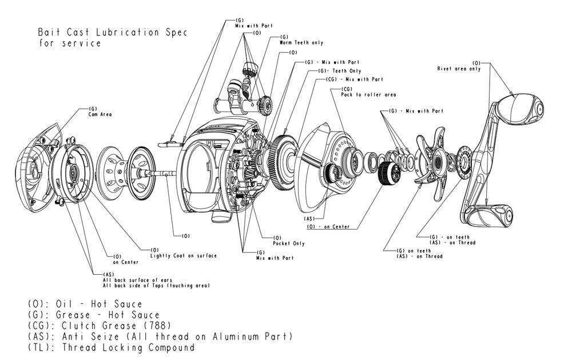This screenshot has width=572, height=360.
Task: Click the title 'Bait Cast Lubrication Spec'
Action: (x=112, y=32)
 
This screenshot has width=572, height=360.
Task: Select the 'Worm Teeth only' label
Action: (x=301, y=43)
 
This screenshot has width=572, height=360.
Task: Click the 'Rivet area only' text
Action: (x=459, y=69)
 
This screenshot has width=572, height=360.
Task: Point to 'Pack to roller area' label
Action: (x=368, y=94)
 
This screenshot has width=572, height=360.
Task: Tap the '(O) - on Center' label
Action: (x=328, y=227)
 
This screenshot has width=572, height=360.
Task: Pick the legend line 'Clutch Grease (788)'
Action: (x=92, y=326)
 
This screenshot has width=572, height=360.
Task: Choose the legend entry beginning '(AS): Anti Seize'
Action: (x=160, y=337)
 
